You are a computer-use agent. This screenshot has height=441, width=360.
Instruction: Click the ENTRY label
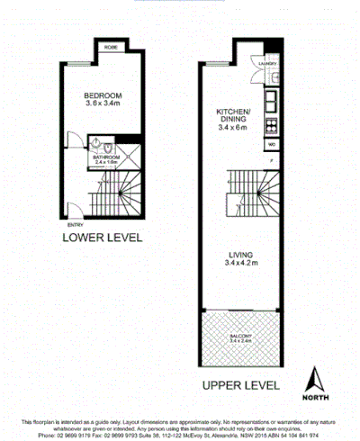tap(71, 225)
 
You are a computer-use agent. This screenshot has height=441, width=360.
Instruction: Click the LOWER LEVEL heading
tap(102, 238)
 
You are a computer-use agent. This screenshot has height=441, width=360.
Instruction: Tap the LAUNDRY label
tap(267, 64)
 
